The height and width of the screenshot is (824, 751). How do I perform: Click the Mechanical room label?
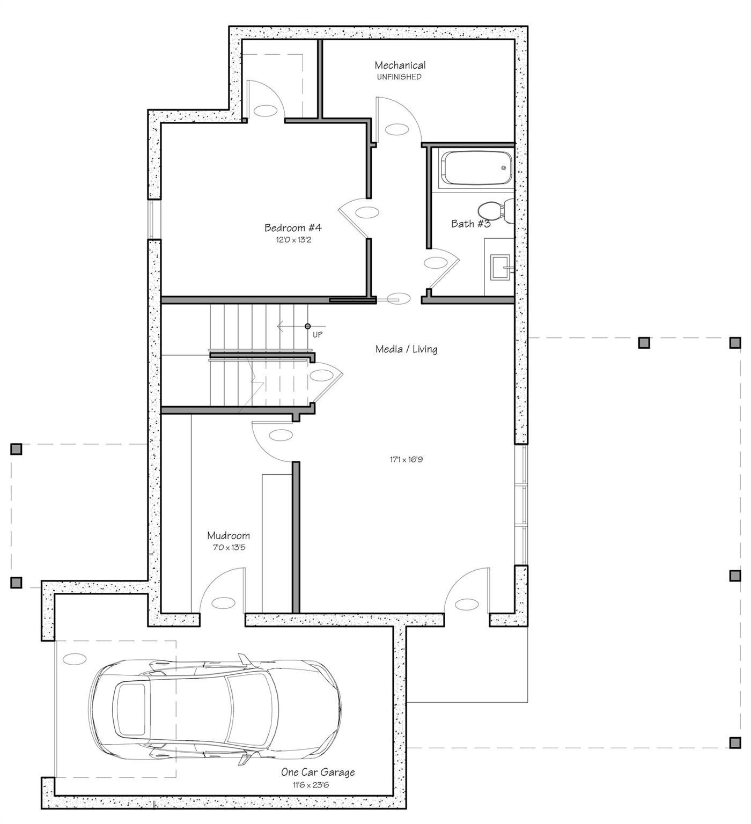[x=400, y=65]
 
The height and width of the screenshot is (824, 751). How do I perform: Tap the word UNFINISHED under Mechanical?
[x=399, y=77]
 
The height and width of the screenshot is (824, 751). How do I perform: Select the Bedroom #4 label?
[x=293, y=228]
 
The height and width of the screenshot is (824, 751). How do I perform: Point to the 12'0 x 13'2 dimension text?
[x=293, y=240]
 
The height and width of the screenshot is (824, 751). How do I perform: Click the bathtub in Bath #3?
[x=475, y=168]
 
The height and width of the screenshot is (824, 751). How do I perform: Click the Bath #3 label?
[x=470, y=224]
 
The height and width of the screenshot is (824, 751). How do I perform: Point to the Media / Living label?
[x=406, y=349]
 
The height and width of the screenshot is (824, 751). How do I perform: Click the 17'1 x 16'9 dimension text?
[x=406, y=460]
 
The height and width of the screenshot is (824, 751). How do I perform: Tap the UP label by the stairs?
[x=318, y=335]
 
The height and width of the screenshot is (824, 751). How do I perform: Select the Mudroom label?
[x=229, y=535]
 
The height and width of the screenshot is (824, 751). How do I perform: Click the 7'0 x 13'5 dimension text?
[x=229, y=548]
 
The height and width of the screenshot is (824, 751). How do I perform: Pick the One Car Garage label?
[x=318, y=772]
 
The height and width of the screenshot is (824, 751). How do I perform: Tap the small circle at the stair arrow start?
[x=307, y=326]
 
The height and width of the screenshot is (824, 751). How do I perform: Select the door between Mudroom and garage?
[x=222, y=593]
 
